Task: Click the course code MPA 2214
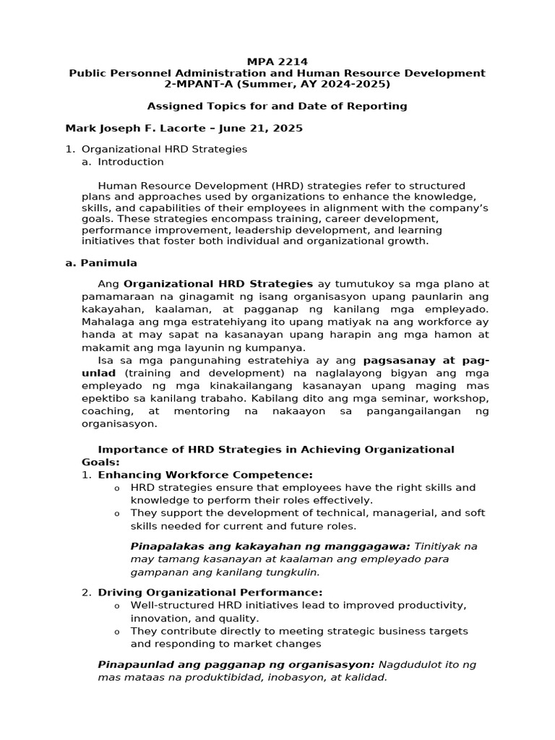pos(277,62)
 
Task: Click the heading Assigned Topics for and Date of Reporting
pos(277,106)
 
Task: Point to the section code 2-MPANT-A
pos(194,84)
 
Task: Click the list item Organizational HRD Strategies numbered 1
pos(164,149)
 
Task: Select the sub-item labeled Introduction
pos(131,162)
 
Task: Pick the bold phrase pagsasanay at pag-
pos(426,360)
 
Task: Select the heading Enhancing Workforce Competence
pos(205,475)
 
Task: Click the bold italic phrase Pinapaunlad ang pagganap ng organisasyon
pos(236,664)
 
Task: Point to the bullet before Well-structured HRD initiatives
pos(117,606)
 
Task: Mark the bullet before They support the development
pos(117,514)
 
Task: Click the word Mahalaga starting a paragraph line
pos(107,322)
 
